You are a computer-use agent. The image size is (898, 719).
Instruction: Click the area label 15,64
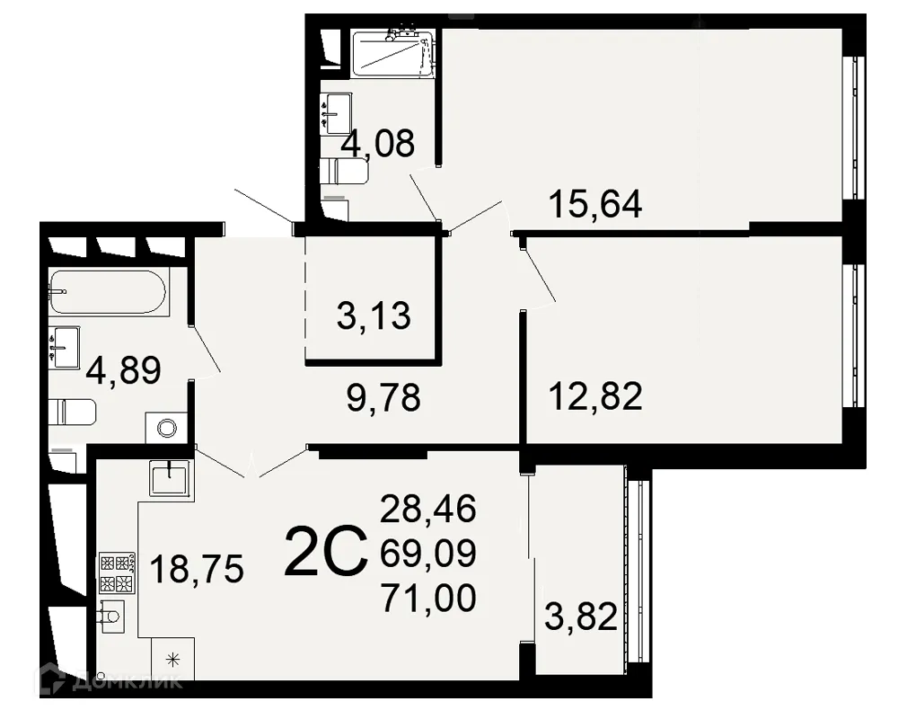[x=594, y=205]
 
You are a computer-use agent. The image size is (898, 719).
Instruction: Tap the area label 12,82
[x=596, y=395]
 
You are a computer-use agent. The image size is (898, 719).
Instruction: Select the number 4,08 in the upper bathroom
[x=377, y=143]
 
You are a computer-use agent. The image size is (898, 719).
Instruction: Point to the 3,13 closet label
[x=374, y=315]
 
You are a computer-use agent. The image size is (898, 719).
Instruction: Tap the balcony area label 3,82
[x=582, y=617]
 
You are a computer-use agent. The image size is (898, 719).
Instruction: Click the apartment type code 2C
[x=325, y=552]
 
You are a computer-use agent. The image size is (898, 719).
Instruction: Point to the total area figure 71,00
[x=428, y=598]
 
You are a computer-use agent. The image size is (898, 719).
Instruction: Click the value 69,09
[x=428, y=553]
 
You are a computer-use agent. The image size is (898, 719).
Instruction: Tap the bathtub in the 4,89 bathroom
[x=107, y=291]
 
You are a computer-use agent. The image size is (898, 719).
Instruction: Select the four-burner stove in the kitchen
[x=117, y=573]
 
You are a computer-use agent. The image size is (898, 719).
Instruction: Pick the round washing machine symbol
[x=166, y=428]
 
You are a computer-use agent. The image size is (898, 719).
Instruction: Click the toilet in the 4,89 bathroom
[x=72, y=413]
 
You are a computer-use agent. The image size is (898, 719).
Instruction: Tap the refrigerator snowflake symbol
[x=173, y=659]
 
